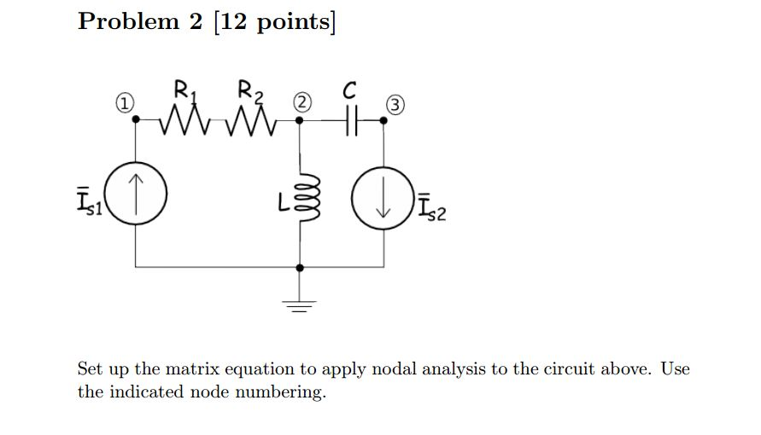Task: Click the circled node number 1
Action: (x=125, y=104)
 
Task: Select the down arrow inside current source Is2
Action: (x=383, y=205)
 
